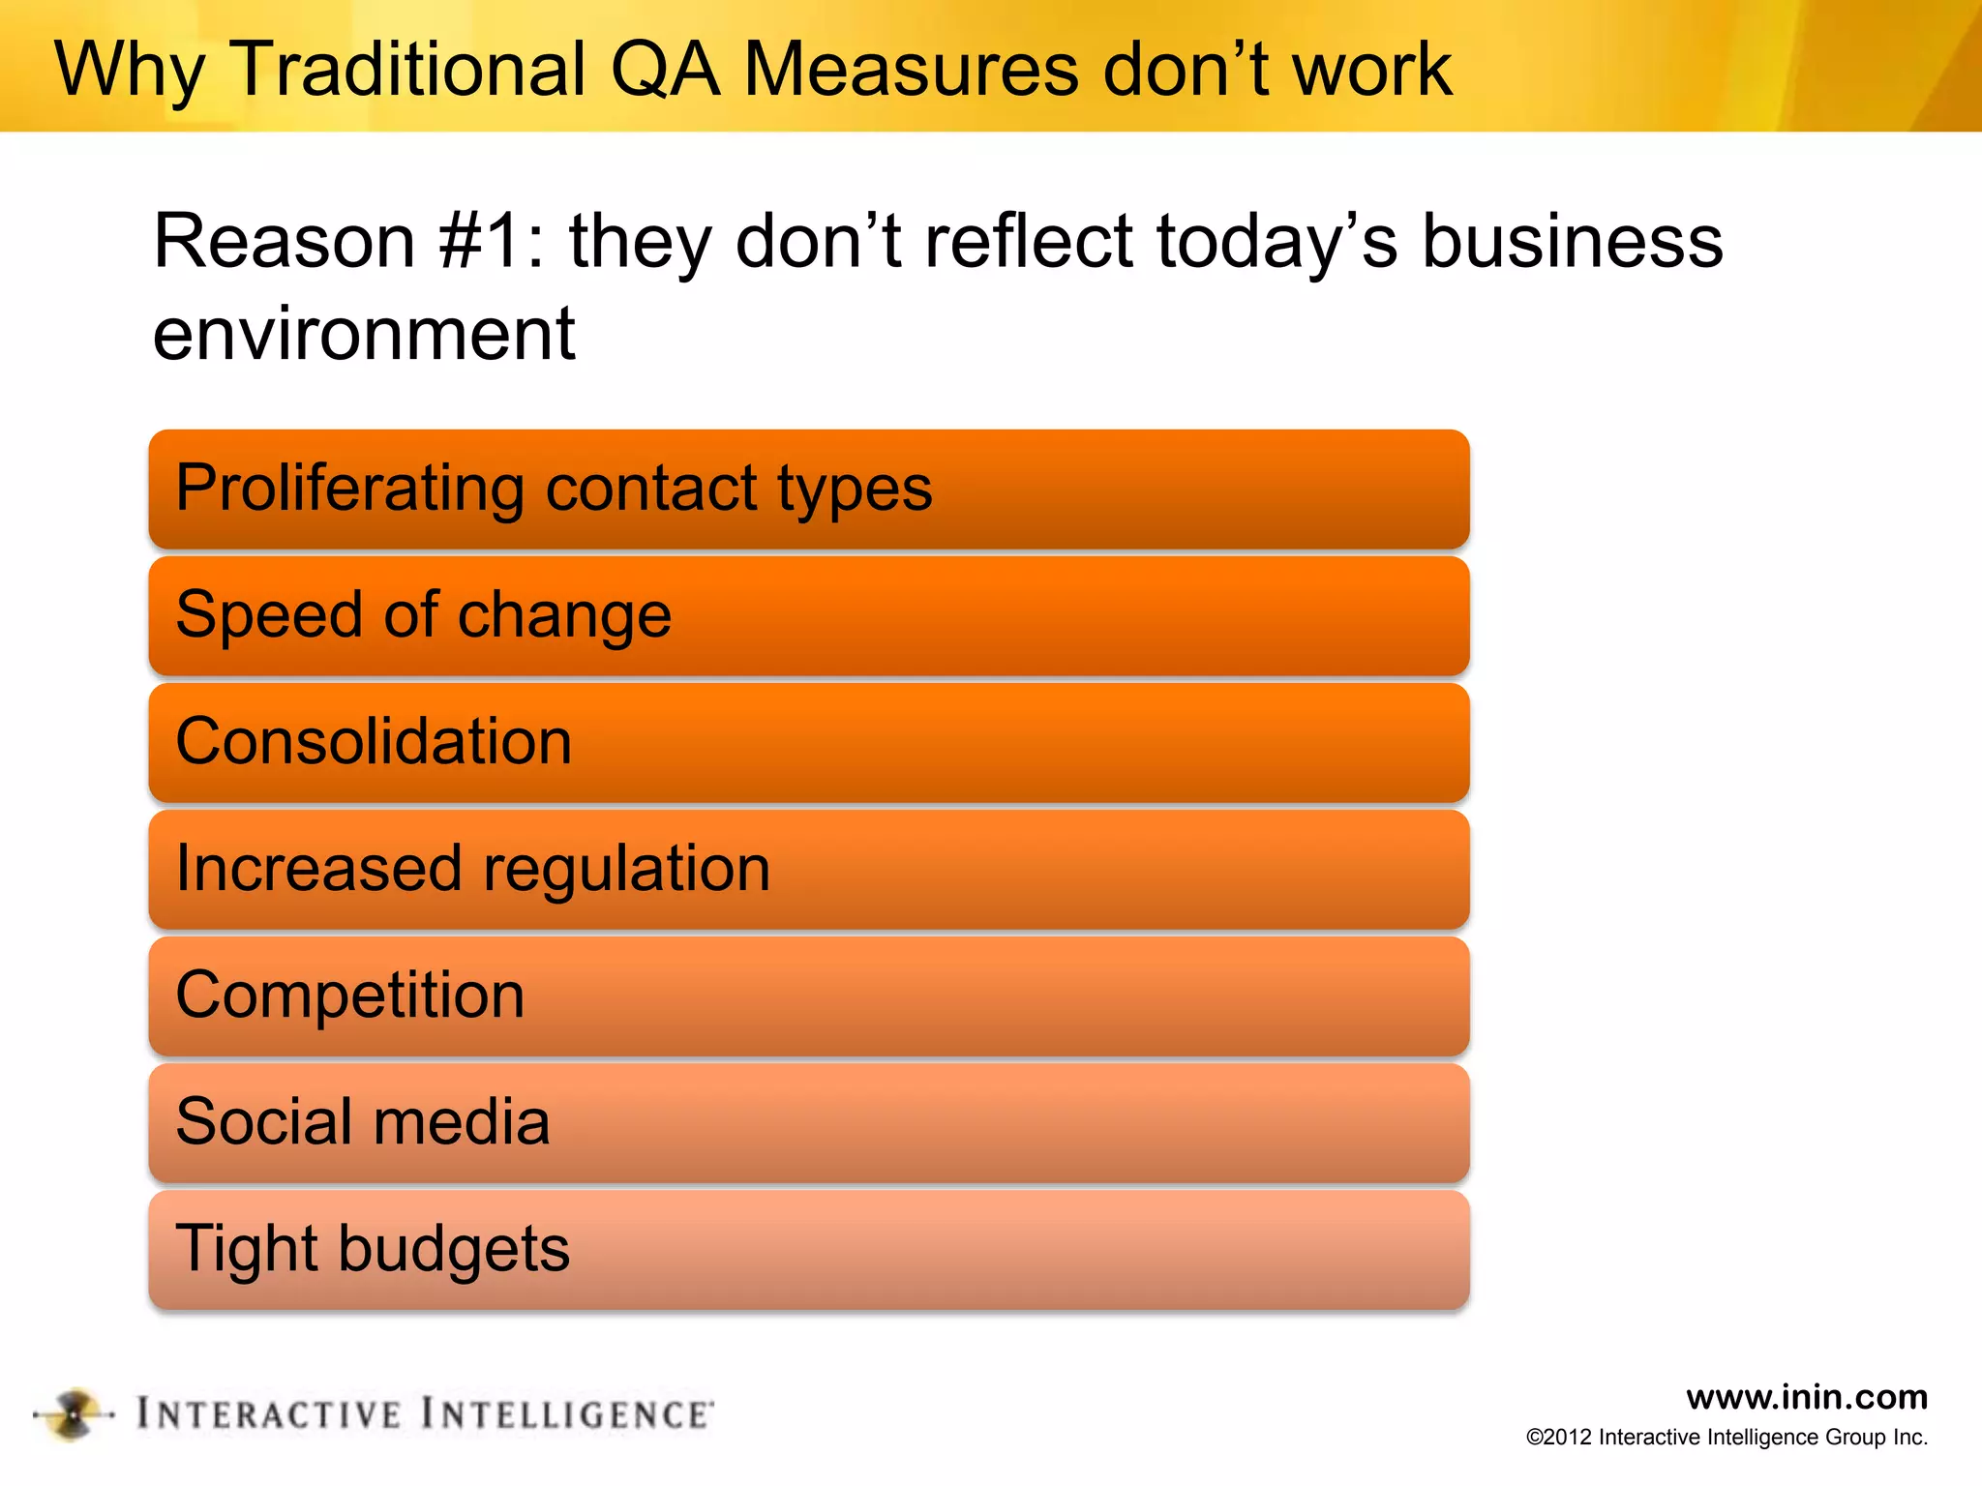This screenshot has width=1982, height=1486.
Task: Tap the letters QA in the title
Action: [666, 70]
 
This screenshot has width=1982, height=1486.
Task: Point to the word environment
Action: [364, 334]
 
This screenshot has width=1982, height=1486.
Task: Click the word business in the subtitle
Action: [1572, 242]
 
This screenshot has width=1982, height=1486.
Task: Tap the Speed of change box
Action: [809, 616]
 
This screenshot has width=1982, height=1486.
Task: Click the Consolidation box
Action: [809, 743]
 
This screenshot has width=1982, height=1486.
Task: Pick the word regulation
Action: [626, 870]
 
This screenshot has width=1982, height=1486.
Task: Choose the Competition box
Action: [809, 996]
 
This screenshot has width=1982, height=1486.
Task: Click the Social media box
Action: [809, 1123]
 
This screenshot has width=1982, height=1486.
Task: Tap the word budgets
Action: [454, 1249]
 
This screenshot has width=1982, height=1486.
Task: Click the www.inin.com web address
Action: [1806, 1397]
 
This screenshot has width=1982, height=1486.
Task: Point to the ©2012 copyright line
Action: [1727, 1438]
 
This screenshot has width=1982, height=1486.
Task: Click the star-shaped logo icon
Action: [74, 1414]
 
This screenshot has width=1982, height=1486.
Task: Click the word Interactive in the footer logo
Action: [268, 1414]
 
